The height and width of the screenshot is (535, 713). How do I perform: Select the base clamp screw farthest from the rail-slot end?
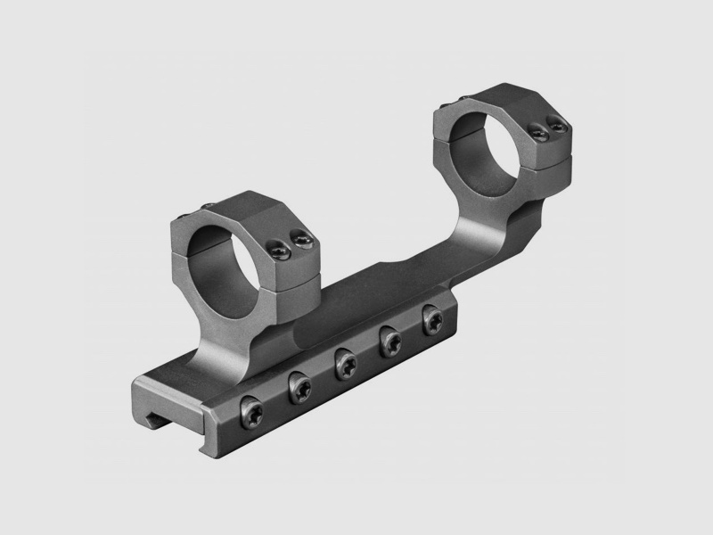click(433, 317)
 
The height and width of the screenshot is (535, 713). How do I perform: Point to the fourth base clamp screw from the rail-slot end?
click(389, 340)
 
